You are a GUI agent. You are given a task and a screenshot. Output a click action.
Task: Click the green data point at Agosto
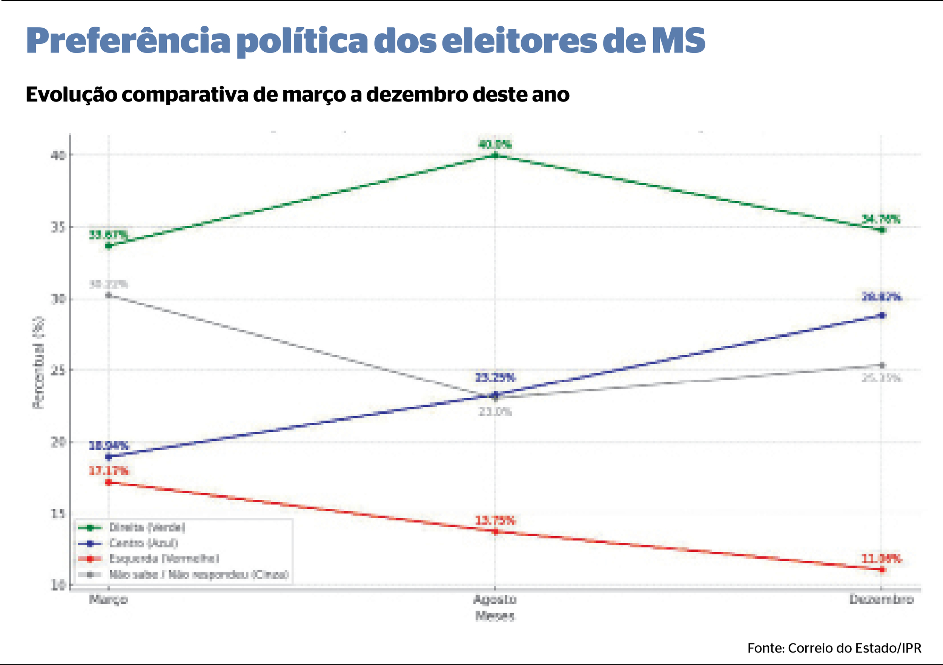tap(495, 155)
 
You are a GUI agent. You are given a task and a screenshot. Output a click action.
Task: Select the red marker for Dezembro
tap(882, 570)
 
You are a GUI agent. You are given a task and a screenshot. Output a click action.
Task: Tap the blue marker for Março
tap(108, 457)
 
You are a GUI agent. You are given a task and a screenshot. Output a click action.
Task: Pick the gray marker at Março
tap(108, 295)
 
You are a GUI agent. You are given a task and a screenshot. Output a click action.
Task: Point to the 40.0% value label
tap(495, 144)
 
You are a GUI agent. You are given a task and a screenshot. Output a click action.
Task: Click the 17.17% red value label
tap(108, 471)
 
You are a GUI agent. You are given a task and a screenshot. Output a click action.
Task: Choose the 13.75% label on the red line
tap(495, 521)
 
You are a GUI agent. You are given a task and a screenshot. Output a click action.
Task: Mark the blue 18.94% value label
tap(108, 445)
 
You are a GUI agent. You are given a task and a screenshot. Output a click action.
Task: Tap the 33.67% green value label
tap(108, 235)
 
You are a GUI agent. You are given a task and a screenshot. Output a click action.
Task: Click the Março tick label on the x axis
tap(108, 600)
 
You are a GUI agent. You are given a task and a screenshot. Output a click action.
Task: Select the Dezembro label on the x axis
tap(882, 600)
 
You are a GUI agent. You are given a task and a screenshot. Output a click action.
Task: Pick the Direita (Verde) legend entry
tap(147, 527)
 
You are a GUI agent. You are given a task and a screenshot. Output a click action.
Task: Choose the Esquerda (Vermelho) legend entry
tap(163, 559)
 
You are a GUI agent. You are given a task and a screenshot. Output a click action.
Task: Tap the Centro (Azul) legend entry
tap(143, 543)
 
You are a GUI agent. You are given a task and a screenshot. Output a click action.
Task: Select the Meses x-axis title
tap(495, 616)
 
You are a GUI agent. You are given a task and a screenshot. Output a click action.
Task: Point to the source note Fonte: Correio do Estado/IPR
tap(834, 648)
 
